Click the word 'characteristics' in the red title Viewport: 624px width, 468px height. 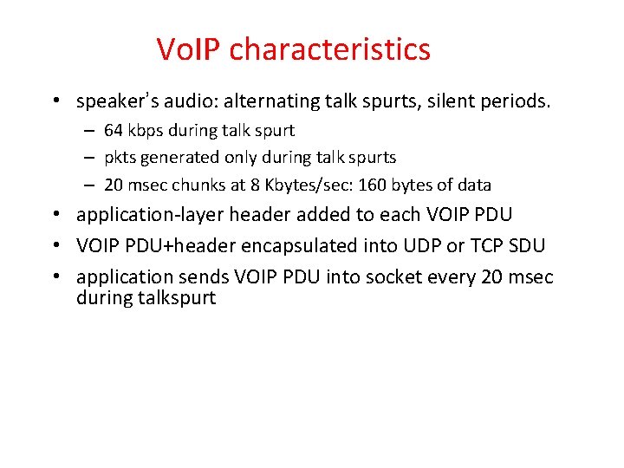[330, 49]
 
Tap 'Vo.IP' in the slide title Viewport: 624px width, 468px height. [189, 49]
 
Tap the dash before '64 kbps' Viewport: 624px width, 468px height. [89, 131]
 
